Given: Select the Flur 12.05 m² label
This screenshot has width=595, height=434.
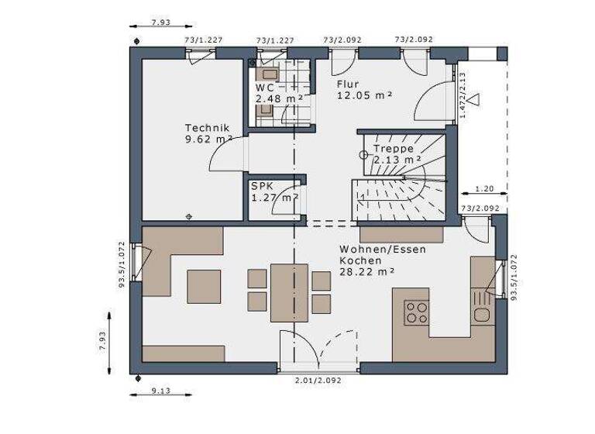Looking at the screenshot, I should pyautogui.click(x=364, y=89).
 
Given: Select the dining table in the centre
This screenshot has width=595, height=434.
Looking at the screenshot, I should pyautogui.click(x=289, y=291).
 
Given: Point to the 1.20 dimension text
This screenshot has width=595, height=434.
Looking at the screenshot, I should pyautogui.click(x=484, y=188).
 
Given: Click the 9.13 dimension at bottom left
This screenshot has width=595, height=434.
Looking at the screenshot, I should pyautogui.click(x=161, y=391).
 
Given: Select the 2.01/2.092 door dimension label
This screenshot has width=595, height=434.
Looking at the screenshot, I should pyautogui.click(x=318, y=381).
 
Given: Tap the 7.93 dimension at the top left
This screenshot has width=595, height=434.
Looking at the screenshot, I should pyautogui.click(x=160, y=23).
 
